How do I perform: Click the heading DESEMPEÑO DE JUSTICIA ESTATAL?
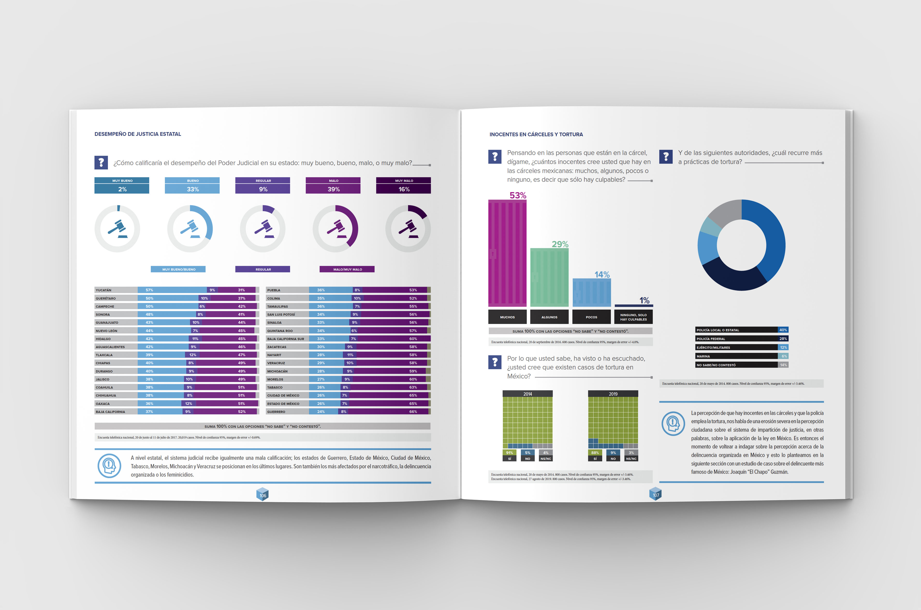coord(138,134)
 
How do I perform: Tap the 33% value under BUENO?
coord(192,189)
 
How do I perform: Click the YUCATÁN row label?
coord(104,290)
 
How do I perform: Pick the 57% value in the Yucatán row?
coord(149,290)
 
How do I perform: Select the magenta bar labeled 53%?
coord(507,253)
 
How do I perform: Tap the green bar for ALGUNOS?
coord(549,277)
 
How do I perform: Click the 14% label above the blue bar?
coord(602,275)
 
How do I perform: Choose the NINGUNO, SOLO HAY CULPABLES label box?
coord(633,317)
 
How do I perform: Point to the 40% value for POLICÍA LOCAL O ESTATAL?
coord(783,330)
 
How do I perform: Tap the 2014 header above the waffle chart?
coord(527,394)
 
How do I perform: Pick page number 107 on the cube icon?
coord(656,495)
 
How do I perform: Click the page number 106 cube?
coord(263,495)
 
